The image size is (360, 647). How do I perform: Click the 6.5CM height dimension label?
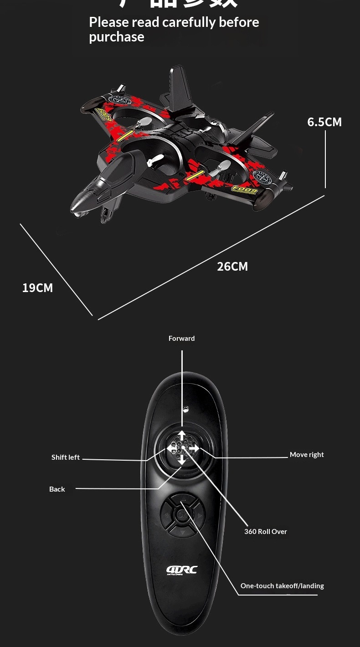(x=324, y=122)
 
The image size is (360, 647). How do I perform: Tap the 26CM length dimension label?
(x=232, y=267)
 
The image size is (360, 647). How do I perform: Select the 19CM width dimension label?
(x=37, y=288)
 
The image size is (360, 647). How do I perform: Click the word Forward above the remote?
(x=181, y=339)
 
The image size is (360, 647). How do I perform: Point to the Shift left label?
(x=66, y=457)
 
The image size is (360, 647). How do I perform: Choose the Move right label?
(x=307, y=455)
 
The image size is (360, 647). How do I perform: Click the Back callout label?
(x=57, y=489)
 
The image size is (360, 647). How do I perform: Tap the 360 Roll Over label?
(x=265, y=532)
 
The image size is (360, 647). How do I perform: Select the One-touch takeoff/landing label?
(x=282, y=586)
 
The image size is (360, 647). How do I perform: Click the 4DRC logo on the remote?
(x=182, y=570)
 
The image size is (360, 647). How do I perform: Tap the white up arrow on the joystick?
(x=182, y=435)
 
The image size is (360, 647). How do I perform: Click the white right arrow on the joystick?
(x=194, y=449)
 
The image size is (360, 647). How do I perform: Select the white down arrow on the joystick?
(x=182, y=460)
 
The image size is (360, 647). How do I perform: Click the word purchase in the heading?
(x=117, y=37)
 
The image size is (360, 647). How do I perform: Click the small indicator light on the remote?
(x=185, y=409)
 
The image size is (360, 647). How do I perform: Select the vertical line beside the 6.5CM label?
(x=325, y=159)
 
